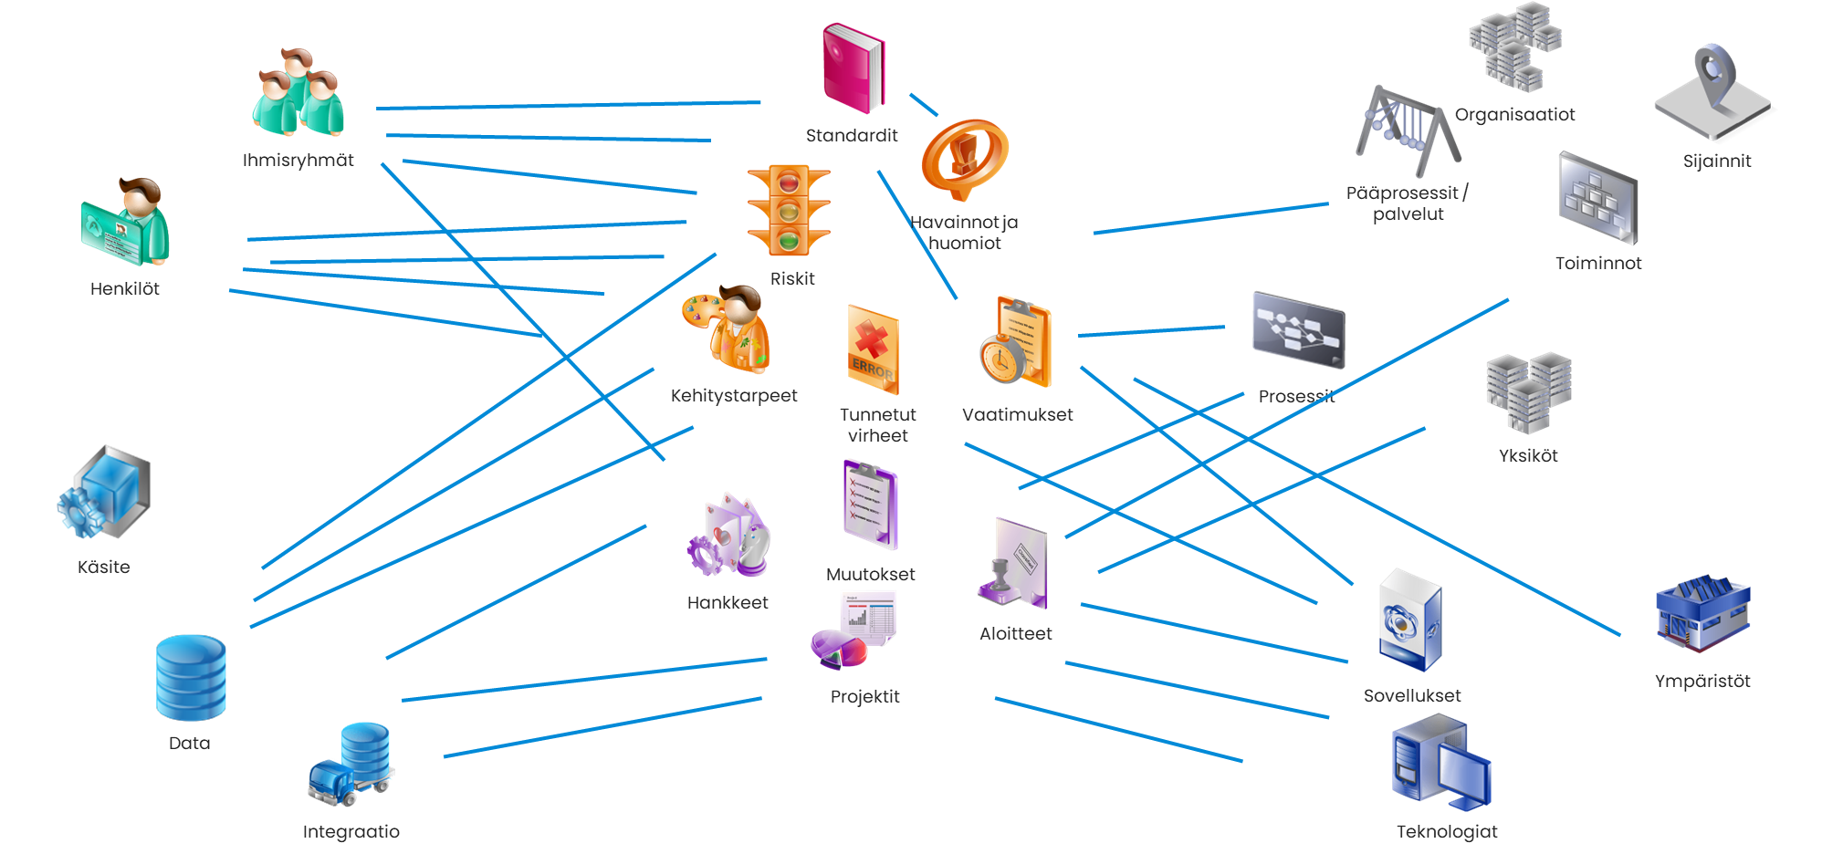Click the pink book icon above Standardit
tap(853, 69)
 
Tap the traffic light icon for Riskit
tap(789, 211)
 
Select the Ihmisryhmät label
tap(298, 161)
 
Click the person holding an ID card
tap(127, 223)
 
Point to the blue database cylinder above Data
tap(191, 678)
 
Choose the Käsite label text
tap(103, 568)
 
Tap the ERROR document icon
tap(873, 349)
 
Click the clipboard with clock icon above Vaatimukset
tap(1016, 341)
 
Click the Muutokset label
tap(870, 575)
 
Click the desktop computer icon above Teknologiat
tap(1440, 765)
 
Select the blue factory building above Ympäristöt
tap(1702, 613)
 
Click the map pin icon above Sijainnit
tap(1713, 92)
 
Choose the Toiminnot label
tap(1598, 264)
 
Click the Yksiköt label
tap(1528, 456)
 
